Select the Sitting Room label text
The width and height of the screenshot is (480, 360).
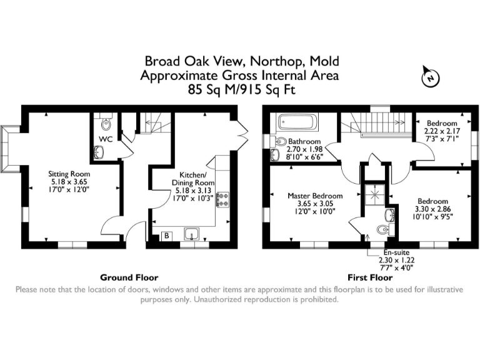69,174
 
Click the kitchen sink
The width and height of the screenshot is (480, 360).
192,234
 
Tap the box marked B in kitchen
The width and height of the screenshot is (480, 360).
167,236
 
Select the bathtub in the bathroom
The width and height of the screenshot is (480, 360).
297,121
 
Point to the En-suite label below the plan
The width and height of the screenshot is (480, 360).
397,253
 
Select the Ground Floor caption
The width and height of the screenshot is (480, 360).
129,277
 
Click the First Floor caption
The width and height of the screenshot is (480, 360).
370,277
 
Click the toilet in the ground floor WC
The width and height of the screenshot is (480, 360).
104,121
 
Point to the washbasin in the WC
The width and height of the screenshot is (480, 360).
99,151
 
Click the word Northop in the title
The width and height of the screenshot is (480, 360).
274,61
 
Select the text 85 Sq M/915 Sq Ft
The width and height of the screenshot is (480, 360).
241,89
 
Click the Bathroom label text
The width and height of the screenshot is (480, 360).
304,142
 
